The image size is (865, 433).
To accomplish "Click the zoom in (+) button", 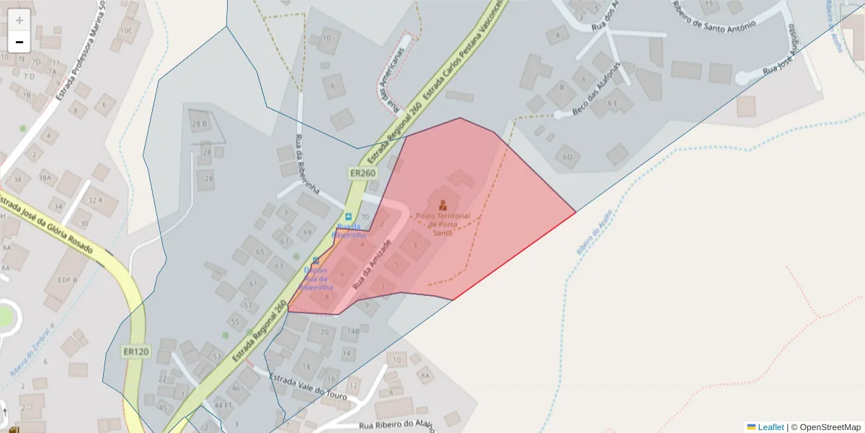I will [19, 19].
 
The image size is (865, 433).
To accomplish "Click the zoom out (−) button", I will [19, 42].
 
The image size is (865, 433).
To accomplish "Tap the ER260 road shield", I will [363, 173].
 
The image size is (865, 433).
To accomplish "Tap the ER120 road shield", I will [136, 351].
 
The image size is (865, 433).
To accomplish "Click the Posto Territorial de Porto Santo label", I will [443, 224].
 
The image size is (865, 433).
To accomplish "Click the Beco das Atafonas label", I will [595, 90].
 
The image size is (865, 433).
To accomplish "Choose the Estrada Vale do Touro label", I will [308, 388].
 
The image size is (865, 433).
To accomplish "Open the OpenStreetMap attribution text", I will [830, 427].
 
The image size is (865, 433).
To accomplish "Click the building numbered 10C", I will [127, 30].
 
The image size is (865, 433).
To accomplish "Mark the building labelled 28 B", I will [200, 123].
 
